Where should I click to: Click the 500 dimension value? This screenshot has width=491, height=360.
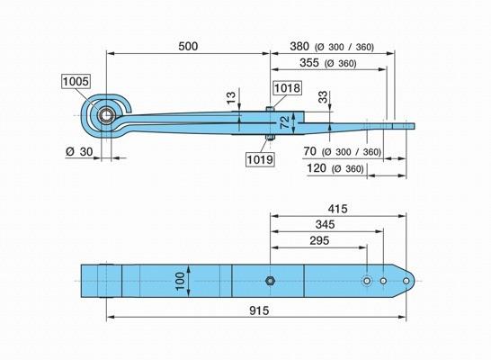pos(188,47)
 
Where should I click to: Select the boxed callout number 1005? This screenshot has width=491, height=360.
pos(76,82)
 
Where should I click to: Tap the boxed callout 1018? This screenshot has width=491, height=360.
pos(287,88)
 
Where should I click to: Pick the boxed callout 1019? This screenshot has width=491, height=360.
pos(260,159)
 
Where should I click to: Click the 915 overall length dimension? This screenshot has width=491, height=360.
pos(259,310)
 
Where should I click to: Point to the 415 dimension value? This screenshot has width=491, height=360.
pos(337,209)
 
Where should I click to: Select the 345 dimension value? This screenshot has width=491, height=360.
pos(325,224)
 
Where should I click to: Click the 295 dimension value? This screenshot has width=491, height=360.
pos(319,240)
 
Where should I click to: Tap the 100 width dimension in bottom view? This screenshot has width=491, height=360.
pos(181,281)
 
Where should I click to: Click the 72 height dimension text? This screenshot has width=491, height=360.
pos(285,122)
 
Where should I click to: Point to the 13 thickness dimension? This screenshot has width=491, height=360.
pos(231,98)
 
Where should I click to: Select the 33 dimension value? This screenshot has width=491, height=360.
pos(323,97)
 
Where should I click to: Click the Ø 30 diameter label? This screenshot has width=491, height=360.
pos(79,151)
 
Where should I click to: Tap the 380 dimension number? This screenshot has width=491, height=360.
pos(299,47)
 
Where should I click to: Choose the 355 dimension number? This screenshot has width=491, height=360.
pos(309,62)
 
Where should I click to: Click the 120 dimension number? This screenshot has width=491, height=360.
pos(317,168)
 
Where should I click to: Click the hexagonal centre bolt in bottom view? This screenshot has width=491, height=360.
pos(270,281)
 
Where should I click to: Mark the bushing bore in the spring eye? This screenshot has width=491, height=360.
pos(106,115)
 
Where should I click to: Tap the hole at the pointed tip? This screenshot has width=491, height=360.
pos(406,281)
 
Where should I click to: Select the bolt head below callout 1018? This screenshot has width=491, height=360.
pos(270,109)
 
